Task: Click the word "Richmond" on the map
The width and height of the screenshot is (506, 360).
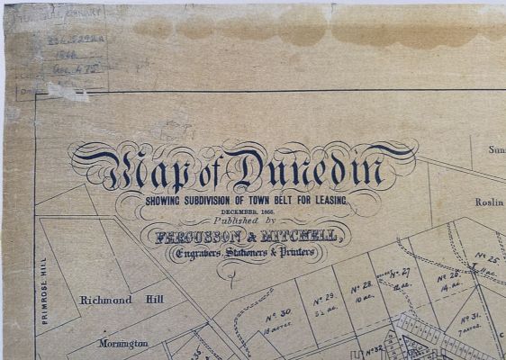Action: coord(106,300)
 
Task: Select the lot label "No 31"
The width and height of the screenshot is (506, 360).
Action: coord(468,320)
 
